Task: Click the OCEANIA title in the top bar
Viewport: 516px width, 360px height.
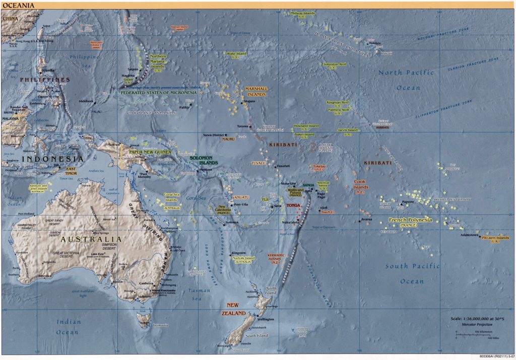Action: (15, 5)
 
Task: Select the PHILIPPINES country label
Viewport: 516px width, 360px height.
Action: (45, 80)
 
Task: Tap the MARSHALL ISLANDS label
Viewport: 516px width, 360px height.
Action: (255, 91)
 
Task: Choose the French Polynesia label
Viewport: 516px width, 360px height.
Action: (411, 221)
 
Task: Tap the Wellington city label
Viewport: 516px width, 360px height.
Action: (265, 319)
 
